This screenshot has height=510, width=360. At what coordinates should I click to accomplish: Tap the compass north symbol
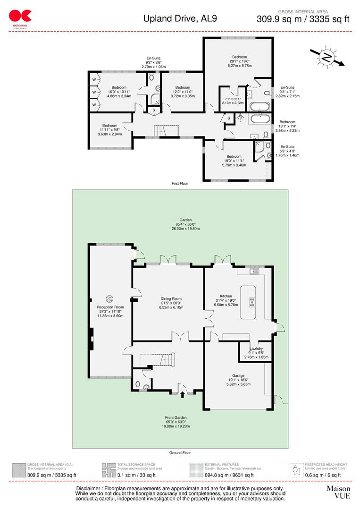[x=326, y=57]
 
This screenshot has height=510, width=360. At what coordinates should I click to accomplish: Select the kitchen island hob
[x=252, y=302]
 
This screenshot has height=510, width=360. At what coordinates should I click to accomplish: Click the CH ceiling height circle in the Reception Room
[x=109, y=298]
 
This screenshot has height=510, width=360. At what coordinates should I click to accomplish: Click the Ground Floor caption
[x=179, y=452]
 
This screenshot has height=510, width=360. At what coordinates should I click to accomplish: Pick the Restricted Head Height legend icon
[x=296, y=470]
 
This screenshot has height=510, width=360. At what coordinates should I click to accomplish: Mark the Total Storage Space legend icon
[x=109, y=470]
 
